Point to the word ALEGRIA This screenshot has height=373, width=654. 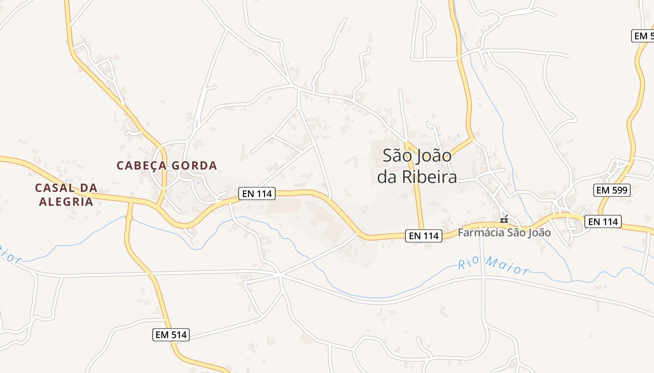pyautogui.click(x=66, y=201)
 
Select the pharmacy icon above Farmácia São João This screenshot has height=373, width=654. pyautogui.click(x=504, y=220)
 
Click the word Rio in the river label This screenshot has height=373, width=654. pyautogui.click(x=469, y=264)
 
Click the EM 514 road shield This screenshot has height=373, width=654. pyautogui.click(x=171, y=334)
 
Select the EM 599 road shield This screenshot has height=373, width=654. pyautogui.click(x=612, y=190)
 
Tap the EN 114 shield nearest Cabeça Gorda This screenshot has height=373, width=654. pyautogui.click(x=257, y=193)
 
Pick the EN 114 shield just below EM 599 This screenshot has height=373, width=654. pyautogui.click(x=603, y=221)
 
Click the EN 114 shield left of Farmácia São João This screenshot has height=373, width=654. pyautogui.click(x=424, y=236)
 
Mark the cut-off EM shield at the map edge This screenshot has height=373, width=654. pyautogui.click(x=643, y=35)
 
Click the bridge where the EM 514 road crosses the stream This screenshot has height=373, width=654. pyautogui.click(x=129, y=217)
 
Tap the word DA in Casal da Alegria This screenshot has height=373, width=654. pyautogui.click(x=87, y=188)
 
